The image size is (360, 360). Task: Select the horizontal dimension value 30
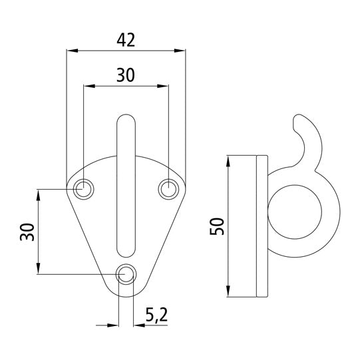[125, 75]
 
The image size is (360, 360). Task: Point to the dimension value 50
[217, 226]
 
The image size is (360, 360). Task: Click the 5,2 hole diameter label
[156, 315]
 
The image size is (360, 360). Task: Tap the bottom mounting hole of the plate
[126, 273]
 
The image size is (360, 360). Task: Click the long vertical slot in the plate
[126, 186]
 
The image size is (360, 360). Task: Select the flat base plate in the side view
[261, 226]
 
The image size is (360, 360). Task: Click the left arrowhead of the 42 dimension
[71, 50]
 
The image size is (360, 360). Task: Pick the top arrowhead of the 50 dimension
[228, 160]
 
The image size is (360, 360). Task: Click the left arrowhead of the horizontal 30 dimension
[88, 85]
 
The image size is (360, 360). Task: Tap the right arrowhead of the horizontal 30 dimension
[164, 85]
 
